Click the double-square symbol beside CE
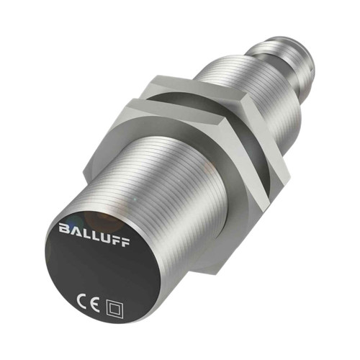(x=112, y=294)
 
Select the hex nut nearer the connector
(x=230, y=108)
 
